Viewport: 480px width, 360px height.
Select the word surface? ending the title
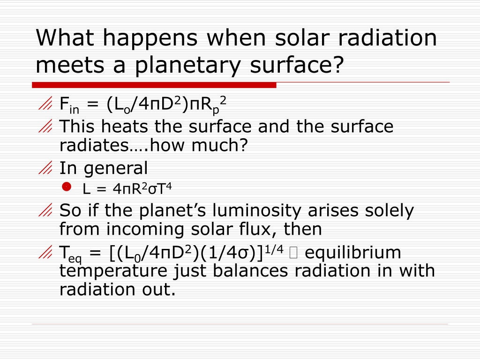(297, 65)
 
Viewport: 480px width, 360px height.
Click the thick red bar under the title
(154, 85)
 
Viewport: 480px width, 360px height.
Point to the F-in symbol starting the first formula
(69, 105)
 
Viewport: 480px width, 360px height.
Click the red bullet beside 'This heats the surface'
(45, 126)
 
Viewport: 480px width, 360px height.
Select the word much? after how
(219, 145)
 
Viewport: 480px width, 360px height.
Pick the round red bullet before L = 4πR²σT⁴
(67, 187)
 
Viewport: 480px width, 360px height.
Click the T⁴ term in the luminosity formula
(165, 188)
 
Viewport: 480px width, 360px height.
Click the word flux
(258, 229)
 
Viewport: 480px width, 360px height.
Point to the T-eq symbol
(71, 254)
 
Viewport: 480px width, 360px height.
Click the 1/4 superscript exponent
(274, 250)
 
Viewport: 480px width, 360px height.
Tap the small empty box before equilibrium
(293, 253)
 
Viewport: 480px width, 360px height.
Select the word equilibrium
(352, 253)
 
